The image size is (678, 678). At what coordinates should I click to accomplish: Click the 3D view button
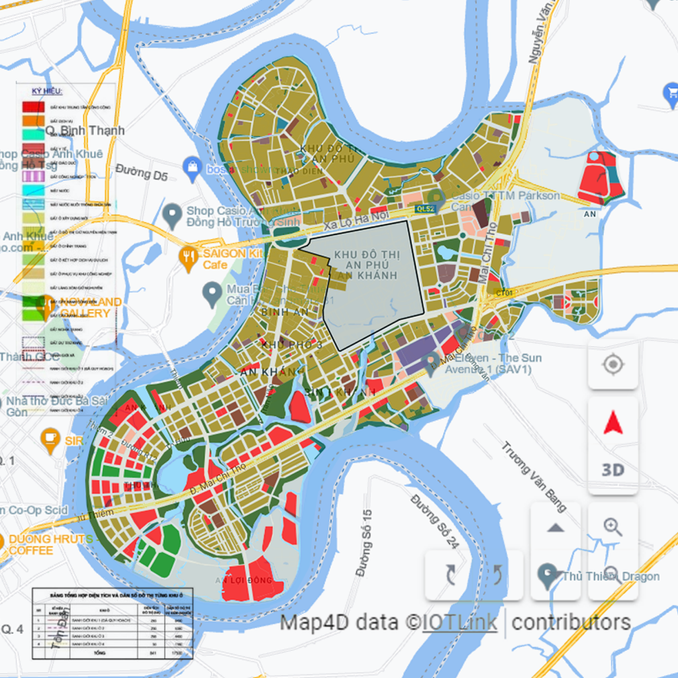[613, 469]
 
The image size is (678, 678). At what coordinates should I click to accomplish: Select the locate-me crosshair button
[613, 365]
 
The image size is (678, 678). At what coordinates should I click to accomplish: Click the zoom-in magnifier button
[613, 527]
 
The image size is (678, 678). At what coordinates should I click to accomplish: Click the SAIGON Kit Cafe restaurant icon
[189, 259]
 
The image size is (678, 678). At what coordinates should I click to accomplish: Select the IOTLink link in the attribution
[460, 622]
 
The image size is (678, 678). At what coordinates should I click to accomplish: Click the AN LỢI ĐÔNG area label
[248, 581]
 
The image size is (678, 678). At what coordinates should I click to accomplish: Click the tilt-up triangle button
[556, 527]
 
